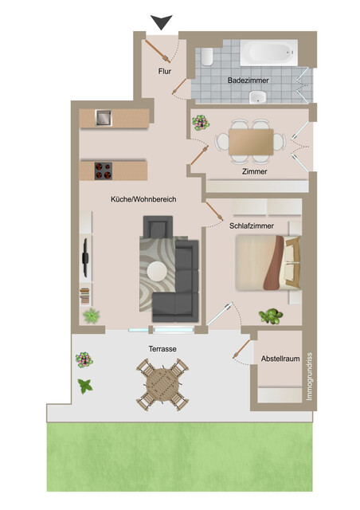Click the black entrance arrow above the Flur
point(162,22)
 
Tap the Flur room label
point(165,72)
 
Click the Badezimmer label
point(247,80)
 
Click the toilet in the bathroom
point(206,56)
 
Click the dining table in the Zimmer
point(250,140)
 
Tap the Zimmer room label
point(254,171)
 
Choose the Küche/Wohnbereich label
point(143,199)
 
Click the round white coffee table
point(156,271)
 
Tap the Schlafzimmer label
point(252,226)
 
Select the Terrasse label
point(162,350)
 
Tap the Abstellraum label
point(280,359)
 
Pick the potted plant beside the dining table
point(199,123)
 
